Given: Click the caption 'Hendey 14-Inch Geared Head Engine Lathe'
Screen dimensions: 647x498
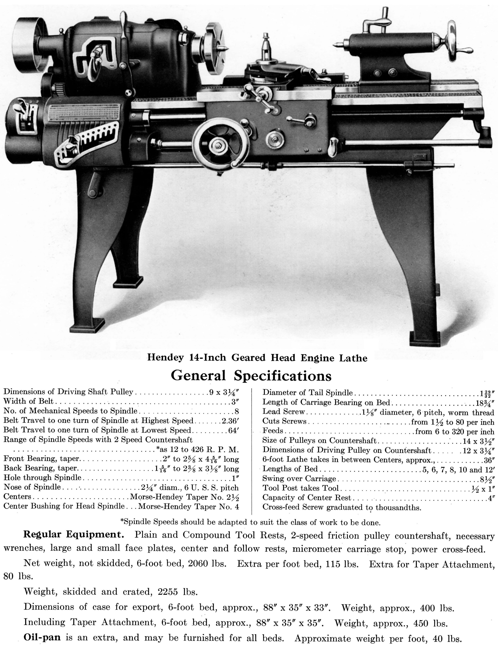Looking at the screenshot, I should tap(257, 358).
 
